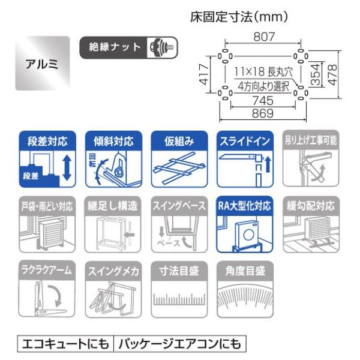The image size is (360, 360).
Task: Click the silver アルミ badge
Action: pyautogui.click(x=45, y=64)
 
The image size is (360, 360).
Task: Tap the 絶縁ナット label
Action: pyautogui.click(x=115, y=47)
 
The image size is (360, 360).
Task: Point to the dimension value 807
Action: pyautogui.click(x=262, y=37)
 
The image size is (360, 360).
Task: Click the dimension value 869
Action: pyautogui.click(x=262, y=113)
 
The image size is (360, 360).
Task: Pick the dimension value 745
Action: pyautogui.click(x=262, y=101)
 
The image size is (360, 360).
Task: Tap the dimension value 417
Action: pyautogui.click(x=204, y=76)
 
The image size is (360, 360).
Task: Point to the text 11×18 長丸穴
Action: pyautogui.click(x=262, y=70)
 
